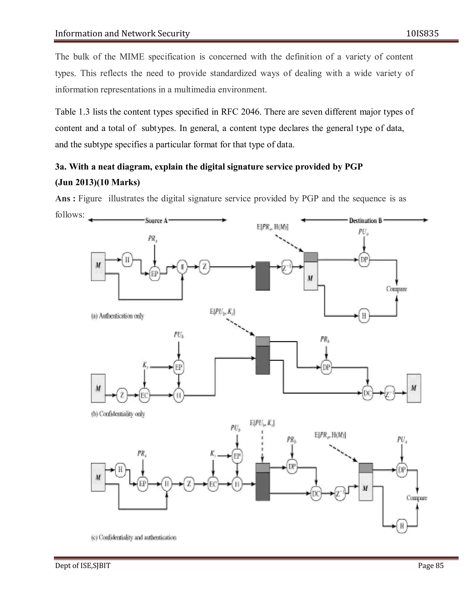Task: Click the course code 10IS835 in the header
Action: coord(422,34)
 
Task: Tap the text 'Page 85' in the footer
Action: coord(431,566)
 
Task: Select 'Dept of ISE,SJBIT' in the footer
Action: coord(83,566)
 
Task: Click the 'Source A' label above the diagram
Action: coord(156,221)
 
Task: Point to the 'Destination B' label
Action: coord(365,221)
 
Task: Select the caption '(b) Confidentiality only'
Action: coord(118,414)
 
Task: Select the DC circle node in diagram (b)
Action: coord(368,393)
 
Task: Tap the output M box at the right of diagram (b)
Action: coord(414,388)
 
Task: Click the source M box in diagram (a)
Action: coord(98,266)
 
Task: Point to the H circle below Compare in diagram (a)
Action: coord(364,316)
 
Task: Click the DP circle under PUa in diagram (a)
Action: coord(364,260)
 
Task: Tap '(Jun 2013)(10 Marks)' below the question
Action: coord(97,182)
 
